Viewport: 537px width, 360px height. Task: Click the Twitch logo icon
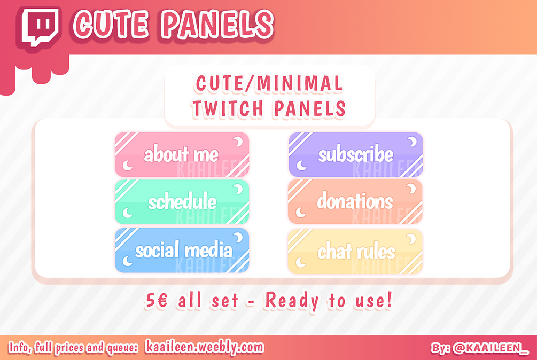coord(41,27)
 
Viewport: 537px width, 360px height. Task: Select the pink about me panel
coord(182,155)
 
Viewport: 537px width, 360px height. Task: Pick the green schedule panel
coord(182,202)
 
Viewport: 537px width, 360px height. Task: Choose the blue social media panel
coord(182,250)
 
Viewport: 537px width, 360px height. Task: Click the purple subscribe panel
coord(355,155)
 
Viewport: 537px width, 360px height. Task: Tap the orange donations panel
coord(355,201)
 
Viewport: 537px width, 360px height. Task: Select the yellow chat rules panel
coord(355,252)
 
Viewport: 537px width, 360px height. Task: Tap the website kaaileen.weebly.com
coord(205,347)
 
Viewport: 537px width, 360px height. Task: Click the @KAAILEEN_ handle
coord(490,348)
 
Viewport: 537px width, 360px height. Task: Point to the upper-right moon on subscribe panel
coord(413,142)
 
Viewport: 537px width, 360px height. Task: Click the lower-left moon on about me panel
coord(127,166)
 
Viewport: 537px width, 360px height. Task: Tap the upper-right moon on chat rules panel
coord(413,238)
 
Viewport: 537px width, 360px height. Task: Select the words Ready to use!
coord(329,301)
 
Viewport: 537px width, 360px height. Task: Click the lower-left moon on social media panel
coord(127,261)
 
